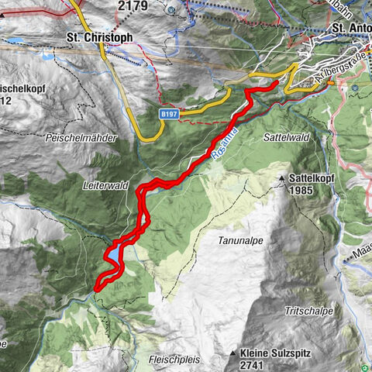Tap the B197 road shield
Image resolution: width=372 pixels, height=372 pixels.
click(x=170, y=114)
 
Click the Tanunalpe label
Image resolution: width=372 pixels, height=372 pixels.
click(x=239, y=241)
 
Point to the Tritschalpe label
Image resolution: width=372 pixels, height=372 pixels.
click(x=308, y=311)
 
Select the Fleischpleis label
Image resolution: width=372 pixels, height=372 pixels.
click(x=173, y=359)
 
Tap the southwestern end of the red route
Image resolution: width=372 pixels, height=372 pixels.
click(x=97, y=289)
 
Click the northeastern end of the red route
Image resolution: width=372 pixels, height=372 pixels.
click(x=275, y=83)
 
